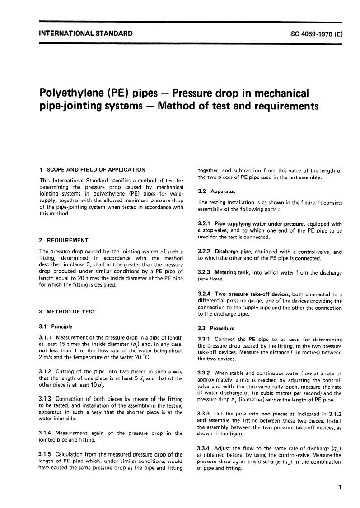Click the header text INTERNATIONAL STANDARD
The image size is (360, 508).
pyautogui.click(x=86, y=33)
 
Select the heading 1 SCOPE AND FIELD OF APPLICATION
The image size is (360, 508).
pyautogui.click(x=92, y=170)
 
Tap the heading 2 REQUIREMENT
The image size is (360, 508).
pyautogui.click(x=64, y=240)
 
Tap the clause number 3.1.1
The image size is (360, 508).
pyautogui.click(x=47, y=338)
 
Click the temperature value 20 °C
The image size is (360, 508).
pyautogui.click(x=140, y=357)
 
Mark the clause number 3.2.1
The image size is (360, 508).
pyautogui.click(x=206, y=224)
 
